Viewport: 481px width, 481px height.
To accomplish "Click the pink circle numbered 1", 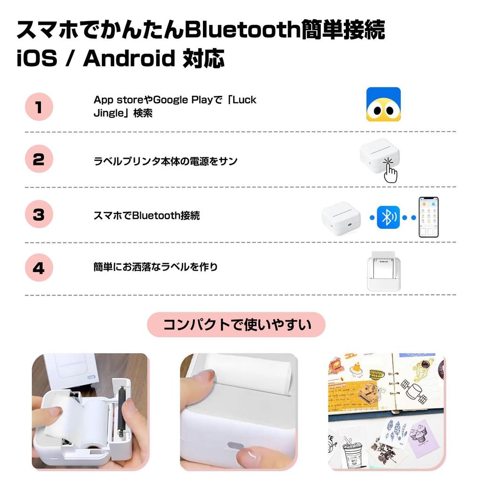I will tap(39, 107).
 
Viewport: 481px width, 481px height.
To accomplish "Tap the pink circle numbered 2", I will tap(39, 160).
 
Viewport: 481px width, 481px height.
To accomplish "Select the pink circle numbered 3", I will tap(39, 215).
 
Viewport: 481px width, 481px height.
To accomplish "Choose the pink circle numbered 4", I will tap(39, 268).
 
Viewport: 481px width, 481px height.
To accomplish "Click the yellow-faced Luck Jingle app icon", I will tap(383, 104).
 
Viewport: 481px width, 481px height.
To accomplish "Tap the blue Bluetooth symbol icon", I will tap(388, 217).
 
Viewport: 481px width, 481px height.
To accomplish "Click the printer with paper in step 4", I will tap(383, 272).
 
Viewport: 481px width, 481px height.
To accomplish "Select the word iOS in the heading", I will tap(37, 59).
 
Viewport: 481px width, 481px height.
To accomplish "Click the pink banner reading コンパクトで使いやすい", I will tap(236, 325).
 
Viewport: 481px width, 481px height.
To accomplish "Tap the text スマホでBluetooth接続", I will tap(147, 216).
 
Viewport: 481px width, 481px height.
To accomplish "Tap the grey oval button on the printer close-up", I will tap(233, 446).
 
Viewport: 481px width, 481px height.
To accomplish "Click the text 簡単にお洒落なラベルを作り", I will tap(155, 267).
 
